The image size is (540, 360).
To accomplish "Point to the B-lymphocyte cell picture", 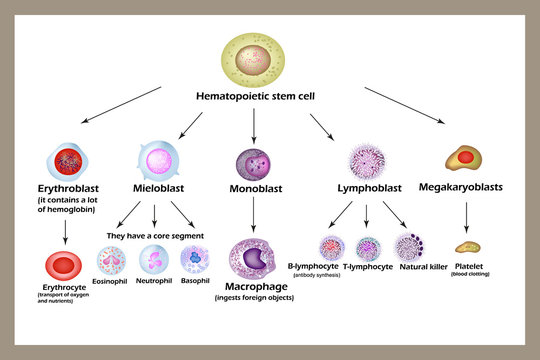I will [x=331, y=248].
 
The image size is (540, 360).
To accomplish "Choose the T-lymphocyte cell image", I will [x=369, y=248].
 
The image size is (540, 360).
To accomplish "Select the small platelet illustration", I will [x=467, y=246].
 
